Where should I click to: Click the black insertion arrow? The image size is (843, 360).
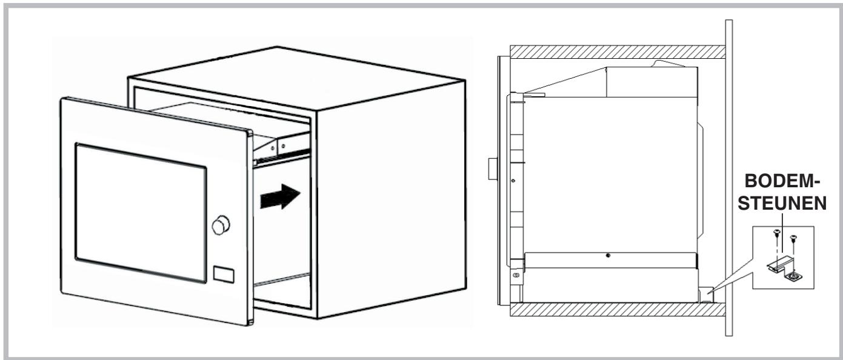click(x=281, y=198)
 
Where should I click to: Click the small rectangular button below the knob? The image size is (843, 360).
click(x=223, y=273)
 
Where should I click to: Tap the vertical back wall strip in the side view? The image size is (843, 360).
click(x=730, y=182)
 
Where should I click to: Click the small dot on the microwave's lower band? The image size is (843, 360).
click(x=608, y=255)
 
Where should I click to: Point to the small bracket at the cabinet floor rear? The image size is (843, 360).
click(x=705, y=295)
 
